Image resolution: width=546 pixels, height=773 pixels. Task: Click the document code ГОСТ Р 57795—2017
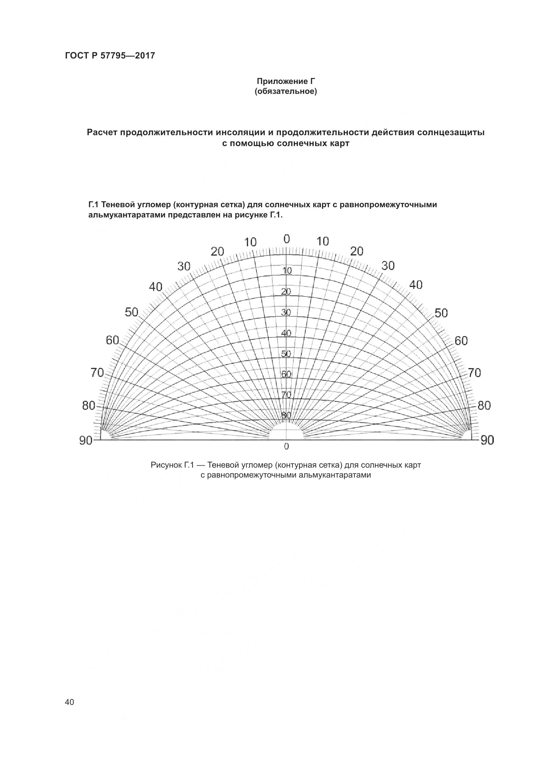tap(110, 56)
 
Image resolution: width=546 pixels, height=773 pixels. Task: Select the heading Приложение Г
tap(286, 81)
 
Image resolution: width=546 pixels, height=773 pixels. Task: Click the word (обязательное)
tap(286, 92)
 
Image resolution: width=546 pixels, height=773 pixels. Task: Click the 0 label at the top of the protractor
tap(287, 239)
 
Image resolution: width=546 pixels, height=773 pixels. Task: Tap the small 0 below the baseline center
tap(287, 447)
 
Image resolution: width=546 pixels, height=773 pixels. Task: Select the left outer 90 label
tap(86, 440)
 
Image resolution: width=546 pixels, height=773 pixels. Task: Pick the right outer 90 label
tap(487, 440)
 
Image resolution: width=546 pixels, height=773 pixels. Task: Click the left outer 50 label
tap(131, 312)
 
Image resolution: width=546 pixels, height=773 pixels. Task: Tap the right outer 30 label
tap(388, 266)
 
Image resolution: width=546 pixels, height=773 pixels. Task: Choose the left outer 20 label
tap(217, 251)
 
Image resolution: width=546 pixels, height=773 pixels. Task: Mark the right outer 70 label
tap(474, 373)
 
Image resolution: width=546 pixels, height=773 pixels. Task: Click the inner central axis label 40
tap(286, 333)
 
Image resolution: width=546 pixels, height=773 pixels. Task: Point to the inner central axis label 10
tap(287, 271)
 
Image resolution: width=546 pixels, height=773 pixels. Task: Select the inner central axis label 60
tap(286, 374)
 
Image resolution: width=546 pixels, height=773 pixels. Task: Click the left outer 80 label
tap(89, 406)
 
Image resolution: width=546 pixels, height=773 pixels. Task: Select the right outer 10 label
tap(323, 241)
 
